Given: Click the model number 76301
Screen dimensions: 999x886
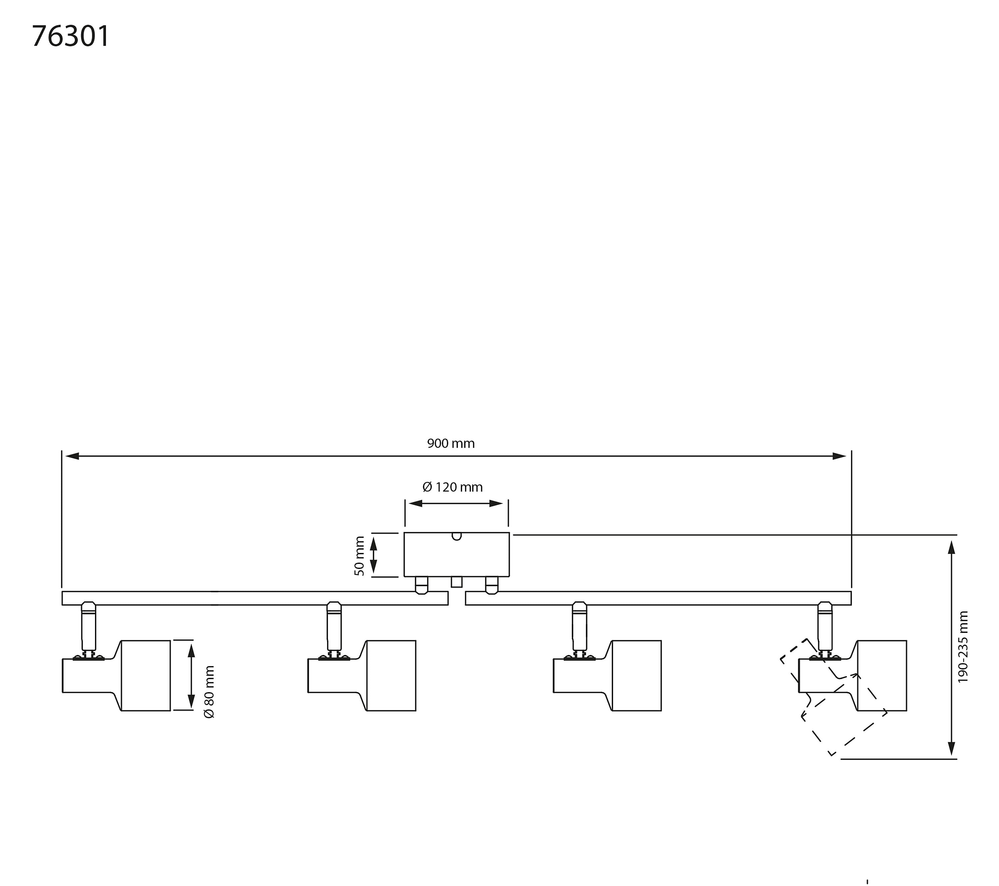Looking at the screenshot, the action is (x=71, y=36).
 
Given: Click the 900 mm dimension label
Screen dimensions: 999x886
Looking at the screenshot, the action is (x=451, y=443).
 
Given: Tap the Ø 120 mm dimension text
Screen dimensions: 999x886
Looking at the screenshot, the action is (x=453, y=487).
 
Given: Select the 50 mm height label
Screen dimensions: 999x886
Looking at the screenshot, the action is (x=360, y=556).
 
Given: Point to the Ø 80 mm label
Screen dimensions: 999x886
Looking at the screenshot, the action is (x=209, y=691).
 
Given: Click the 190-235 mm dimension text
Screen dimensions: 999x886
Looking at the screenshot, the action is (x=963, y=647).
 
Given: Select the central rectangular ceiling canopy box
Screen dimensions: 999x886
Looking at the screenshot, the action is (x=457, y=555).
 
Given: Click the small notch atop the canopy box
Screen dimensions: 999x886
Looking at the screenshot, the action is (x=457, y=536).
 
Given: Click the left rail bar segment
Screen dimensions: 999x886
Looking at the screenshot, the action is (x=255, y=598).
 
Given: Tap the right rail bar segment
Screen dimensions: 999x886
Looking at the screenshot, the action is (x=658, y=598).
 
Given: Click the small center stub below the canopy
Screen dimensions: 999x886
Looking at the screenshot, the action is (x=457, y=582).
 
